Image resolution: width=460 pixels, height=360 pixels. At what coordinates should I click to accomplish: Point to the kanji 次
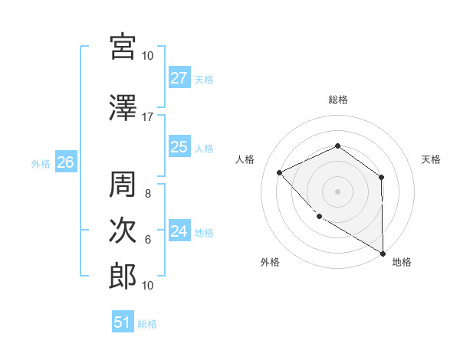(x=123, y=231)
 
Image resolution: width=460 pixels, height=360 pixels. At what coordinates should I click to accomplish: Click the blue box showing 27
(x=179, y=78)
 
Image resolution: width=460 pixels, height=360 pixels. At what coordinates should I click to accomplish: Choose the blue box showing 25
(x=179, y=147)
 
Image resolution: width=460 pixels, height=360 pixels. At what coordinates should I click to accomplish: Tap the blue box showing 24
(x=179, y=231)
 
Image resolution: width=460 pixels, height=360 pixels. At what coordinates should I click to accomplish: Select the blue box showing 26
(x=66, y=162)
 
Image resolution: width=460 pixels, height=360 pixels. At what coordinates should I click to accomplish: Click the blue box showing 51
(x=123, y=322)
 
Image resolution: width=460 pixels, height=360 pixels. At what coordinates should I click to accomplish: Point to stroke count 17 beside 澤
(x=148, y=117)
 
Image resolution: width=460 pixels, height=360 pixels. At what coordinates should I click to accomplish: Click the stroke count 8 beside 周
(x=148, y=194)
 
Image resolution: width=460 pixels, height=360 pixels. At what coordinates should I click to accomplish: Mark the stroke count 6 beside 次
(x=148, y=240)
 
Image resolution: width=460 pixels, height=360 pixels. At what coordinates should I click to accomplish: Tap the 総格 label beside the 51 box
(x=147, y=324)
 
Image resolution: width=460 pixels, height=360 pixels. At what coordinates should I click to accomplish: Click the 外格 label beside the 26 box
(x=41, y=163)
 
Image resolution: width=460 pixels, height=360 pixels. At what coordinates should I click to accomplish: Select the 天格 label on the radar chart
(x=432, y=159)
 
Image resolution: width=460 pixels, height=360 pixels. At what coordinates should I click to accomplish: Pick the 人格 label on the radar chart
(x=245, y=159)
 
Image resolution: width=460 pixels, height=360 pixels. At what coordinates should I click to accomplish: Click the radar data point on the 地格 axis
(x=383, y=253)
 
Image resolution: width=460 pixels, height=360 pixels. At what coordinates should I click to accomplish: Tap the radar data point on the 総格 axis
(x=337, y=146)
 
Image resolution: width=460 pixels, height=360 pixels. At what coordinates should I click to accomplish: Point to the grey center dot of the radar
(x=337, y=191)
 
